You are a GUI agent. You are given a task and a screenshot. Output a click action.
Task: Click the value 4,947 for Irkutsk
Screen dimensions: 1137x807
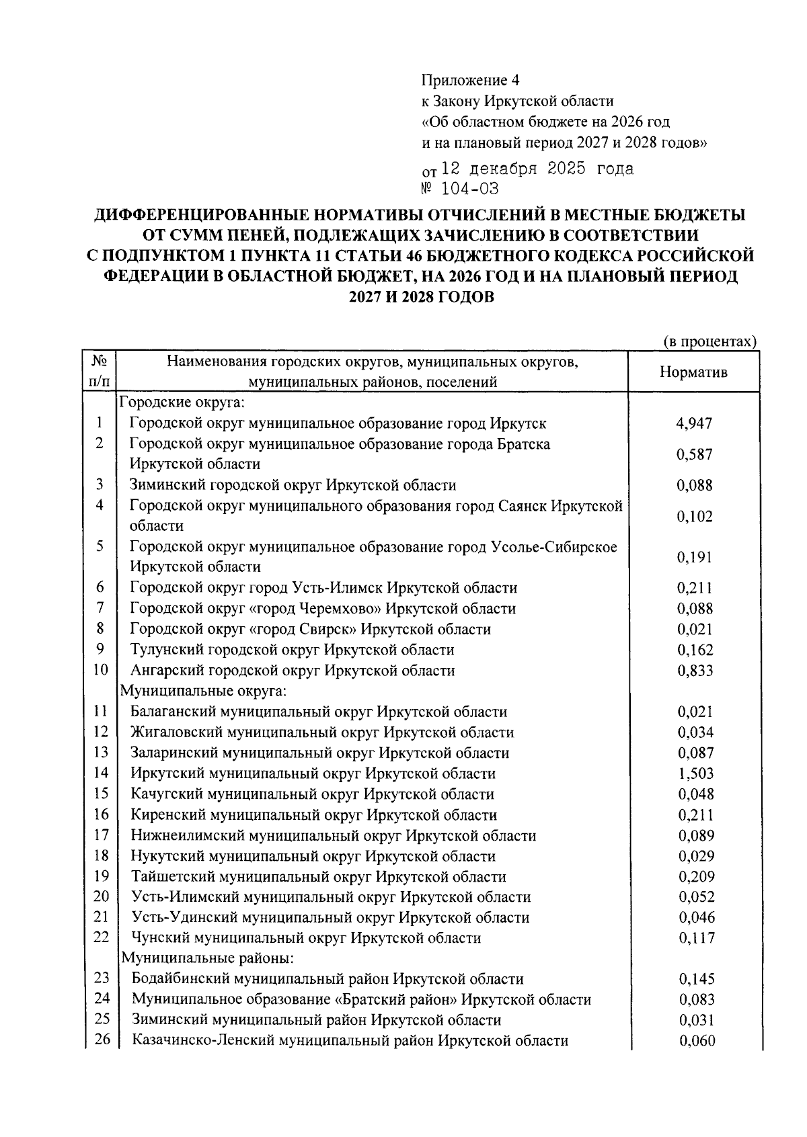click(694, 423)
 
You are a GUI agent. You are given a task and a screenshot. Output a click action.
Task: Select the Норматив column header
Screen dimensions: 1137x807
click(693, 372)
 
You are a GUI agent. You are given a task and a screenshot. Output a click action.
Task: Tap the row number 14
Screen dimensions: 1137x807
click(100, 773)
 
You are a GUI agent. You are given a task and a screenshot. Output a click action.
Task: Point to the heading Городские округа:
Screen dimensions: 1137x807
click(181, 403)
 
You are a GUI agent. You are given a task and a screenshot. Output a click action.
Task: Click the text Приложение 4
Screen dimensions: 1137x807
click(470, 81)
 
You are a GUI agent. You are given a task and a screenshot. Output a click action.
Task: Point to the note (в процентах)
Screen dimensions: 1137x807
click(709, 341)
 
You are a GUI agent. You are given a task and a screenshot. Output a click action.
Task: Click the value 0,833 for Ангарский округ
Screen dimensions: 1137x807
click(695, 671)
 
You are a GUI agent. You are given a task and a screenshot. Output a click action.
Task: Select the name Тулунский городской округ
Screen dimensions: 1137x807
click(292, 650)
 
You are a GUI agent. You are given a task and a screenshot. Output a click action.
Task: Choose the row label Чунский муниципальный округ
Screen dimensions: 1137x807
click(306, 937)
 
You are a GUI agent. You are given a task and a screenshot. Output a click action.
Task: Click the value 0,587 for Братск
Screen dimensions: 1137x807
click(694, 454)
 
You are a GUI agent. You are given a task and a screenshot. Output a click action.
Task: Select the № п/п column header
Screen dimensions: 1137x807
click(100, 371)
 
